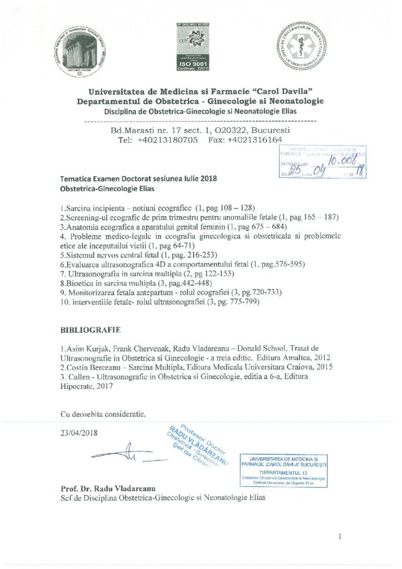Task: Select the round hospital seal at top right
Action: pyautogui.click(x=303, y=51)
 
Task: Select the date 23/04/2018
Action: pyautogui.click(x=78, y=433)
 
